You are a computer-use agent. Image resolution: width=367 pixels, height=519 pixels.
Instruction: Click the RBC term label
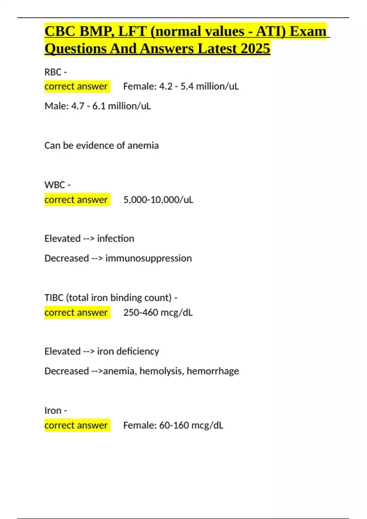(53, 72)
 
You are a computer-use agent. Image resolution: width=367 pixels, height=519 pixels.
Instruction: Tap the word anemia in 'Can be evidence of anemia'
(143, 145)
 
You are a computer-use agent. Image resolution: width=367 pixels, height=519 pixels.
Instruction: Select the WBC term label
(54, 185)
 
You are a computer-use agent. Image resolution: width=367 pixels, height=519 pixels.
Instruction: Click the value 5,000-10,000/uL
(158, 200)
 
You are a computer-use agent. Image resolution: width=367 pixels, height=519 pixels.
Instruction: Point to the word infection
(116, 238)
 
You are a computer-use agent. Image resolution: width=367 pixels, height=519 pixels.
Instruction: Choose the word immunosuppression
(149, 258)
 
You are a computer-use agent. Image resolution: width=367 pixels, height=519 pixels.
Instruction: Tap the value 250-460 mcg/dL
(158, 313)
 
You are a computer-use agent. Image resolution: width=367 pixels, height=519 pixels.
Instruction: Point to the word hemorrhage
(213, 371)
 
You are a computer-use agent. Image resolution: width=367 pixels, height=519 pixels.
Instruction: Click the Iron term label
(53, 411)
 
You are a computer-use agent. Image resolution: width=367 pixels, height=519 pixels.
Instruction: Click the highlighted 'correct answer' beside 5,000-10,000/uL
(76, 200)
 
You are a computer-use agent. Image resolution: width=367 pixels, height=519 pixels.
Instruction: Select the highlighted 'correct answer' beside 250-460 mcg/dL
(76, 313)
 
